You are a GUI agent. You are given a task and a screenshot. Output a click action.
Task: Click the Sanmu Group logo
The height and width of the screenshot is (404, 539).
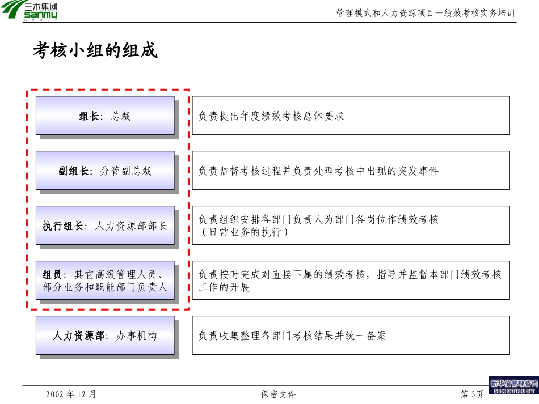[29, 11]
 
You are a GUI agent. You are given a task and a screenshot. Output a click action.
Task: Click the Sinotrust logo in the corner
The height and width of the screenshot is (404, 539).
[514, 385]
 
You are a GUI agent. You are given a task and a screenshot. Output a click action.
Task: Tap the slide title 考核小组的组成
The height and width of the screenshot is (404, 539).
[95, 50]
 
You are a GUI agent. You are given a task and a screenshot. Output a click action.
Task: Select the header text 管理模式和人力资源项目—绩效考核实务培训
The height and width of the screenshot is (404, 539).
[425, 13]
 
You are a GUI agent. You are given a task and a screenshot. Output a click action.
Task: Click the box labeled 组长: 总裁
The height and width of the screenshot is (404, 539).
[105, 116]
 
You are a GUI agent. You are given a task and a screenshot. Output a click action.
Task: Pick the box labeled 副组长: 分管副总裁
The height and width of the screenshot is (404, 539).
[105, 171]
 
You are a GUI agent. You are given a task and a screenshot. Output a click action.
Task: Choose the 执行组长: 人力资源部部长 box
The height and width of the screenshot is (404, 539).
[105, 226]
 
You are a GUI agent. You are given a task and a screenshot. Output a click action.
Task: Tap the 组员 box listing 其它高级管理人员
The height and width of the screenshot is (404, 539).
[105, 280]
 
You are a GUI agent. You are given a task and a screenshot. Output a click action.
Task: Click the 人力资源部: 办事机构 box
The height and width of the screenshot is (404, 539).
[105, 335]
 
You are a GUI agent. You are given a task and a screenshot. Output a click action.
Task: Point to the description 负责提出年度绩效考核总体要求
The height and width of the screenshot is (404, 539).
[271, 116]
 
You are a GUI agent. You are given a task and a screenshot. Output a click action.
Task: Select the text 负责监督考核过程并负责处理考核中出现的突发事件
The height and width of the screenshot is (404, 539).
[318, 171]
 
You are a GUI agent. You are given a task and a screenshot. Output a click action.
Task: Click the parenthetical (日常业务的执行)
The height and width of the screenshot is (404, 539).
[245, 232]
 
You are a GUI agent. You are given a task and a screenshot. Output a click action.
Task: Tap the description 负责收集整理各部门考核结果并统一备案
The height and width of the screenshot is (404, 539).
[292, 335]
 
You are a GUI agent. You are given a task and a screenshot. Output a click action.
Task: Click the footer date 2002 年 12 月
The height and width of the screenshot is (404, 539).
[71, 394]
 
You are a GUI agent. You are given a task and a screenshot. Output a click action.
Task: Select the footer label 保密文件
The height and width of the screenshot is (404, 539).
[278, 394]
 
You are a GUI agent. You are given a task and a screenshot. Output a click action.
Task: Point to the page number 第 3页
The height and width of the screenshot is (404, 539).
[471, 394]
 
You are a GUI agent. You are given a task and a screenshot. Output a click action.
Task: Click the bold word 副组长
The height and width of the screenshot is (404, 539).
[73, 171]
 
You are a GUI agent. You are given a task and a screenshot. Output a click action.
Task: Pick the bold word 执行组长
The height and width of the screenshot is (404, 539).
[62, 226]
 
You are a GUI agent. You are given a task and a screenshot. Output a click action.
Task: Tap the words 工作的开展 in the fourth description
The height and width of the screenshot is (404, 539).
[224, 287]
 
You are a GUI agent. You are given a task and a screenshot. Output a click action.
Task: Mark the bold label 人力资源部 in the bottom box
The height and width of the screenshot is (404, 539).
[78, 335]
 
